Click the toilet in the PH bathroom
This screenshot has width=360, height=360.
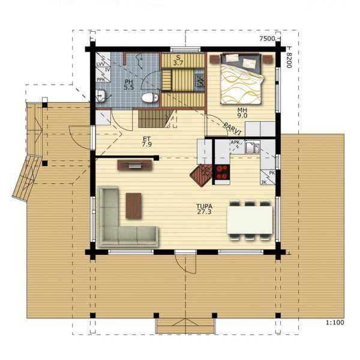[x=150, y=98]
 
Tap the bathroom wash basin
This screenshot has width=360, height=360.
[x=101, y=95]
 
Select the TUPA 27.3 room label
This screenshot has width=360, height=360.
[x=205, y=209]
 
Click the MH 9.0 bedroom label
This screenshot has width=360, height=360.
[x=242, y=113]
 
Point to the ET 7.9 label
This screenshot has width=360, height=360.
[x=147, y=142]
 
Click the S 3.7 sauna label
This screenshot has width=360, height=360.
[x=178, y=60]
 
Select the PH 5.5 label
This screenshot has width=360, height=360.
[x=129, y=84]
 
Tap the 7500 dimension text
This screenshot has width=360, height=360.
[x=267, y=38]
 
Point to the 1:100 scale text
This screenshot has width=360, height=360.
[x=335, y=323]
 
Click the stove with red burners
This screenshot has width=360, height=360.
[x=222, y=172]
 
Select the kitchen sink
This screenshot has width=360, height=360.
[x=253, y=148]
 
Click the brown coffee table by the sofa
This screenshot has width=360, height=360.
[x=133, y=206]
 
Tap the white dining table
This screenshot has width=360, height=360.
[x=250, y=220]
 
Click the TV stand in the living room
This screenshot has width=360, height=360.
[x=135, y=165]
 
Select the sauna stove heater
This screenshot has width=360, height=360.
[x=200, y=80]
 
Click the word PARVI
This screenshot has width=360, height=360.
[x=233, y=129]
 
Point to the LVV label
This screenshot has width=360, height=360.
[x=101, y=64]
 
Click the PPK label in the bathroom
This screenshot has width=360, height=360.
[x=101, y=80]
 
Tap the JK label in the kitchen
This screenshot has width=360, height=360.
[x=264, y=182]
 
